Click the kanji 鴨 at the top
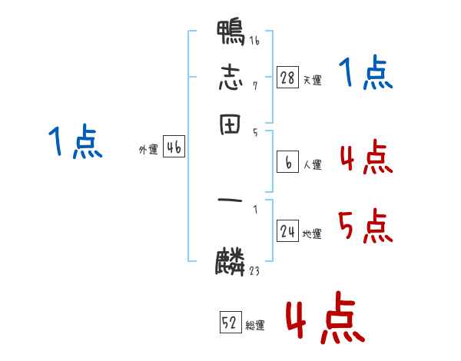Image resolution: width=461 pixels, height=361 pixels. click(x=230, y=34)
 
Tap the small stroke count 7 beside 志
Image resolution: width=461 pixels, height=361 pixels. click(x=254, y=84)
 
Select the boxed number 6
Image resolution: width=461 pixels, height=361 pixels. click(x=288, y=162)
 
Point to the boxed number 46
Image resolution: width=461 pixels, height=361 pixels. click(x=174, y=148)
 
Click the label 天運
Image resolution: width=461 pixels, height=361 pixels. click(x=313, y=80)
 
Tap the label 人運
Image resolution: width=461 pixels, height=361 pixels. click(x=313, y=164)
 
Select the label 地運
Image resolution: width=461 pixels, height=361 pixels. click(x=313, y=234)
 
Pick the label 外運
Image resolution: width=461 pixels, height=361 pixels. click(x=148, y=151)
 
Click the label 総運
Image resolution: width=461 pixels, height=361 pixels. click(x=256, y=326)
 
